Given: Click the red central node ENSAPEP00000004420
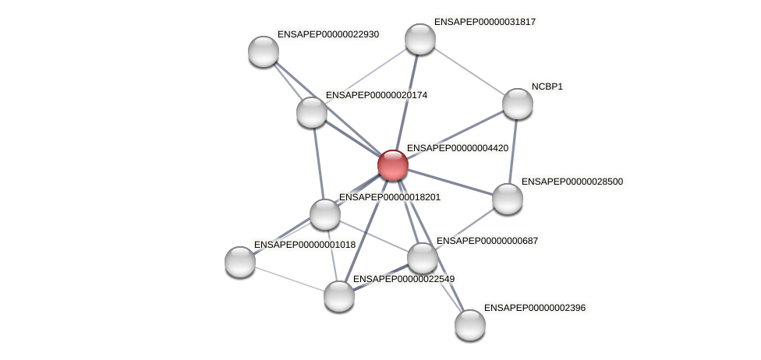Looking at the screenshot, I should point(392,165).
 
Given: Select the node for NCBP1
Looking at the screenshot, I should point(517,104).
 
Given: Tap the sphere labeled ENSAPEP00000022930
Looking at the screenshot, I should point(264,51).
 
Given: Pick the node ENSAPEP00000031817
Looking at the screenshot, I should point(419,39).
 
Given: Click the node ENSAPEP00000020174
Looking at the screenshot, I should point(312,112).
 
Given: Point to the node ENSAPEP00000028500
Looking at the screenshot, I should point(508,199).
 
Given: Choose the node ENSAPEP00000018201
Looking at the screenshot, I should point(325,214).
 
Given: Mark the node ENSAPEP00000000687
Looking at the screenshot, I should point(423,258).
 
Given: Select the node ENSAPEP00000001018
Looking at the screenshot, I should point(240,262).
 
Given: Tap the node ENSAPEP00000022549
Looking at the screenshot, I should point(339,295).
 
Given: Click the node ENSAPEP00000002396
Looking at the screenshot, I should point(470,325).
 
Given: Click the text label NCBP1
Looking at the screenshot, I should point(547,86).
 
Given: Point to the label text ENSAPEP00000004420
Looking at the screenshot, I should point(458,148).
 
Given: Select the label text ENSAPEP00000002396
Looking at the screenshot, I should point(534,308).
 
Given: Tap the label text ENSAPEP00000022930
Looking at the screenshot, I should point(327,34).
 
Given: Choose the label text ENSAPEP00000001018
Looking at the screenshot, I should point(304,245).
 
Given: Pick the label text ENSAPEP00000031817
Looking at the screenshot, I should point(484,22).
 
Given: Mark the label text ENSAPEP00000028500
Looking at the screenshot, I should point(572,182).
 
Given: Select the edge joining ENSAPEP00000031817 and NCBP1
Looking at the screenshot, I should point(468,71).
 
